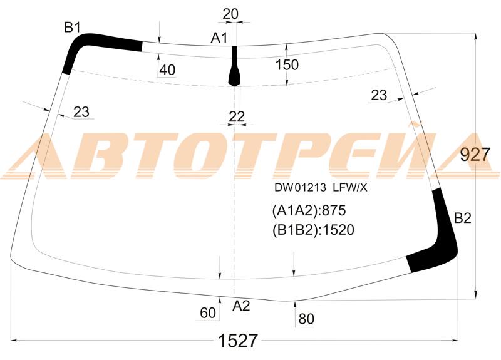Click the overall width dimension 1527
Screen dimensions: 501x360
[238, 341]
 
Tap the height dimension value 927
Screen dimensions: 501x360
[475, 155]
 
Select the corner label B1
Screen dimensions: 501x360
[72, 28]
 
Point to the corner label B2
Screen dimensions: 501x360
[463, 219]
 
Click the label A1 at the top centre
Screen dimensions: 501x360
[219, 38]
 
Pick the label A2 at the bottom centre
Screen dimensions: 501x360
[241, 306]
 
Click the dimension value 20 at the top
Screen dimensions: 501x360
[230, 14]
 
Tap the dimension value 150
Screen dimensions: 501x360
[287, 65]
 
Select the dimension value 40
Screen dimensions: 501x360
[167, 70]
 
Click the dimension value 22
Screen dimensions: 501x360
[237, 117]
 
